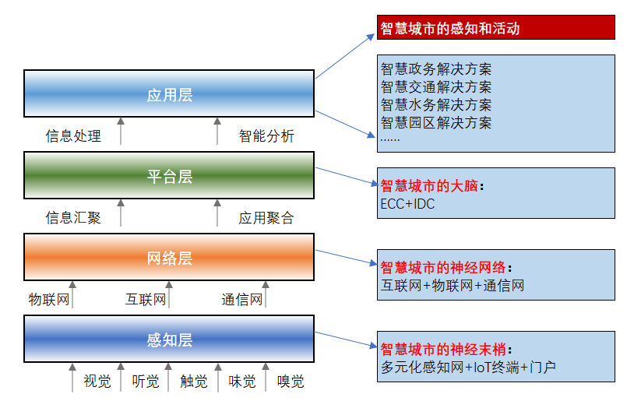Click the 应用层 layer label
[x=170, y=95]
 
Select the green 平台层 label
[x=170, y=177]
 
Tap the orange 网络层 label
[x=170, y=259]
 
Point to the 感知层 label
[x=170, y=340]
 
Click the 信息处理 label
[x=73, y=135]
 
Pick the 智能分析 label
[x=266, y=135]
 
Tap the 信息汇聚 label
[x=73, y=217]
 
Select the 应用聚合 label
[x=266, y=217]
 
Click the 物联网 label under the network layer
[x=49, y=300]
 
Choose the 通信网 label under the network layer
[x=242, y=300]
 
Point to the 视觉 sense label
[x=97, y=382]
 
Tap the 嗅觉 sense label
[x=291, y=382]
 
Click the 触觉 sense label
[x=194, y=382]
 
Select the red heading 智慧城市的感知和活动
[x=450, y=29]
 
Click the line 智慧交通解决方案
[x=436, y=87]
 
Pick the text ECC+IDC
[x=407, y=204]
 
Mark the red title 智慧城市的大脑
[x=429, y=186]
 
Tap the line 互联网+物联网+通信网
[x=453, y=286]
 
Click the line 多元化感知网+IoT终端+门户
[x=468, y=368]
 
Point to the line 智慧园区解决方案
[x=436, y=122]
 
